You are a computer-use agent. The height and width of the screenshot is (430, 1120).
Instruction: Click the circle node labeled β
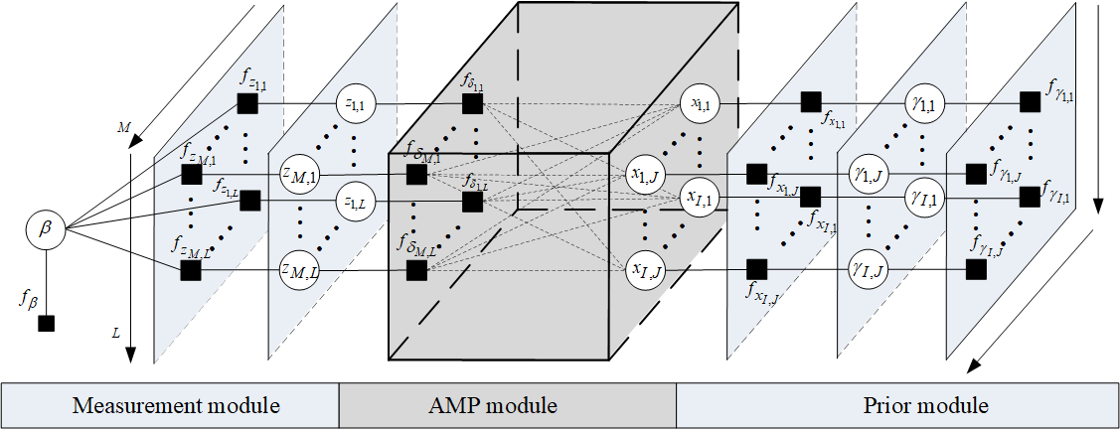44,230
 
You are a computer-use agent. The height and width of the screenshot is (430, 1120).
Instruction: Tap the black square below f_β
46,323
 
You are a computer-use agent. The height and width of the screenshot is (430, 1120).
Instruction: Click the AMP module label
507,405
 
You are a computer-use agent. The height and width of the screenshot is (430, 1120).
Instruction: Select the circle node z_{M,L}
299,269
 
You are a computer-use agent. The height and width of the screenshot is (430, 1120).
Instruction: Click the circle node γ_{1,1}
920,101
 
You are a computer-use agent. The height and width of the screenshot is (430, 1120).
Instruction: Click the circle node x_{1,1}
700,101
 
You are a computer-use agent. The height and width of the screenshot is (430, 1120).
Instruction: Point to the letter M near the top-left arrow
123,127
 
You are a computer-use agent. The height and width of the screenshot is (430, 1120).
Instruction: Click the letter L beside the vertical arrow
116,336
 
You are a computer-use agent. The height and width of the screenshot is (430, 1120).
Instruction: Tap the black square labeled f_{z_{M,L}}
192,269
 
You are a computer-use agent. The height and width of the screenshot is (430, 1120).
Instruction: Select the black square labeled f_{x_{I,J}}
755,268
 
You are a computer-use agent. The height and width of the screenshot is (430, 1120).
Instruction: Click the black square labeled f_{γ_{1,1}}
1031,101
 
